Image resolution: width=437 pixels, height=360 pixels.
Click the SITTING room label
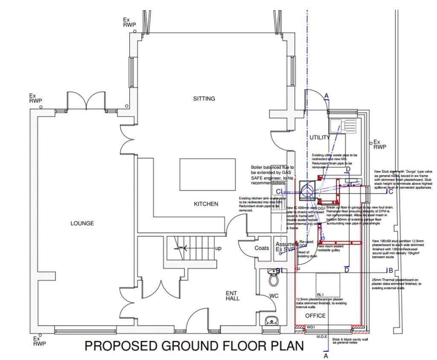(204, 99)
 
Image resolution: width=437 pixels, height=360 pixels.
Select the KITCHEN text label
(206, 204)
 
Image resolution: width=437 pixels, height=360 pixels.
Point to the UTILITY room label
(320, 138)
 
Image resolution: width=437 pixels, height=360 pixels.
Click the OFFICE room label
(315, 316)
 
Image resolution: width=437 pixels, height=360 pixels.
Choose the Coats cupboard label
(262, 248)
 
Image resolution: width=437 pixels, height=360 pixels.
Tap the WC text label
(274, 296)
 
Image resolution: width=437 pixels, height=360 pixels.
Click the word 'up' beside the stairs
(218, 248)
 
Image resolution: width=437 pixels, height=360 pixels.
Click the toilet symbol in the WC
(273, 279)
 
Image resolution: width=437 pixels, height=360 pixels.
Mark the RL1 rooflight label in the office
(320, 295)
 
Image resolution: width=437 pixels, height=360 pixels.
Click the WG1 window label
(311, 327)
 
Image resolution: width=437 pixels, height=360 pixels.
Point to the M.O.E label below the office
(322, 337)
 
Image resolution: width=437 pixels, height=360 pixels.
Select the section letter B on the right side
(390, 270)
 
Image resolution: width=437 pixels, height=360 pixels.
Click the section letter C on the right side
(390, 191)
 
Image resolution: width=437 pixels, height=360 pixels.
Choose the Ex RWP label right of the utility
(379, 144)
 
